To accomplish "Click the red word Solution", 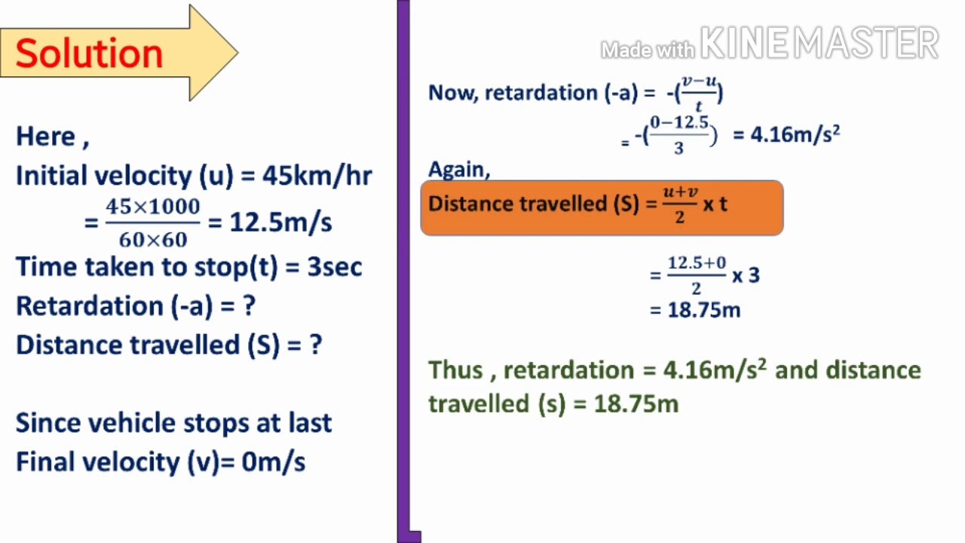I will tap(89, 54).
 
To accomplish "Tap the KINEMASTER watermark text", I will tap(819, 44).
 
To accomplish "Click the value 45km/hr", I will tap(317, 176).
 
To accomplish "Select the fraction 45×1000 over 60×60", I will tap(152, 222).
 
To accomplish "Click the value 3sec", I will tap(335, 267).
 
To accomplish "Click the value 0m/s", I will tap(273, 462).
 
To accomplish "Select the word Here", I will tap(46, 137).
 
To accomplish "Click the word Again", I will tap(458, 170).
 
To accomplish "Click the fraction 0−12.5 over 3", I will tap(679, 134).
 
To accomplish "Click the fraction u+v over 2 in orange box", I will tap(680, 204).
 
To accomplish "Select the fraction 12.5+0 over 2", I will tap(697, 275).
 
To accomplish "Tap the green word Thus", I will tap(455, 370).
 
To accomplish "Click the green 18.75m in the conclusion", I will tap(636, 404).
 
